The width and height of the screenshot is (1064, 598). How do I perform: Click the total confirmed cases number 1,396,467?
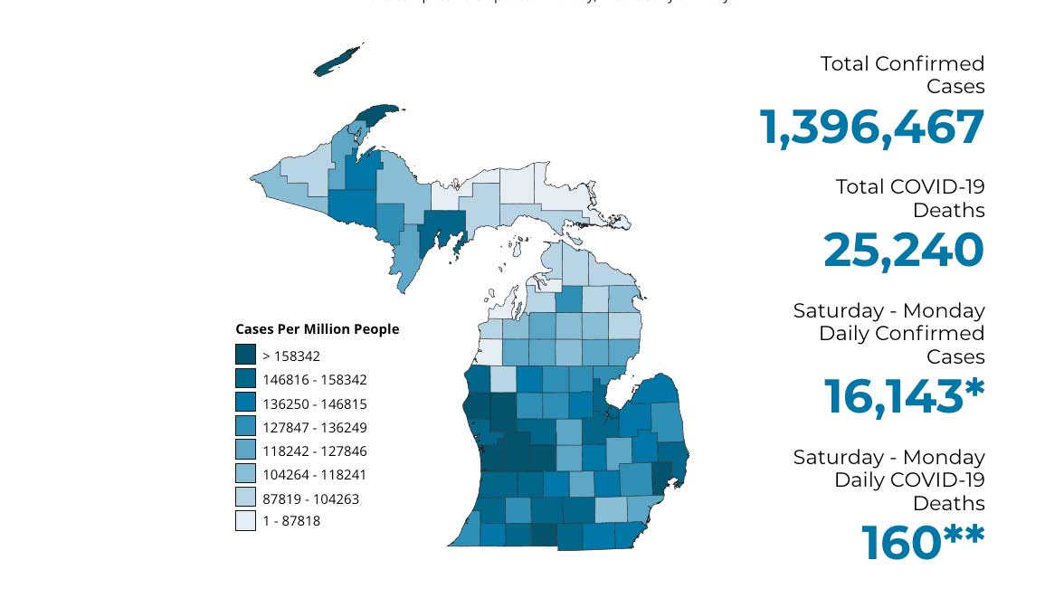[x=871, y=128]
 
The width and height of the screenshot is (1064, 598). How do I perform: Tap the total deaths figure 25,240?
[x=903, y=251]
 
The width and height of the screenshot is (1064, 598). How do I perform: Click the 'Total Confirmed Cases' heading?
[x=902, y=75]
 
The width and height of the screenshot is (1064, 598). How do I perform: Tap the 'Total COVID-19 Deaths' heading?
[x=909, y=198]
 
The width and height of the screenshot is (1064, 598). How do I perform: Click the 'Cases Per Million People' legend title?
[x=317, y=329]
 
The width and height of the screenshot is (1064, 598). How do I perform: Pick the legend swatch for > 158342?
[x=245, y=356]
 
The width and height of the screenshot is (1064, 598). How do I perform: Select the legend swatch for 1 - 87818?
[x=245, y=520]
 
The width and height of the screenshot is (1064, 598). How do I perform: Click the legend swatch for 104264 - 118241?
[x=245, y=473]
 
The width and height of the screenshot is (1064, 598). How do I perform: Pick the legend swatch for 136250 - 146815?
[x=245, y=403]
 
